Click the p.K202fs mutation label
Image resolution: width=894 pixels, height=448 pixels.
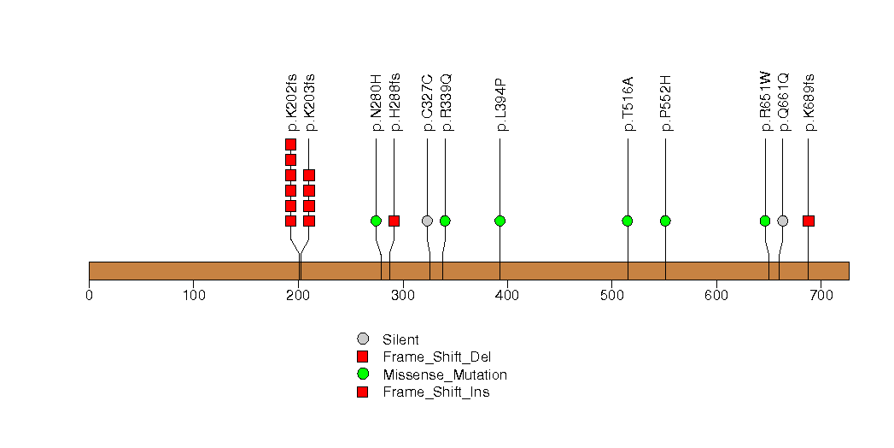[291, 103]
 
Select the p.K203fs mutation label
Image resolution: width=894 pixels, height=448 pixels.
[309, 103]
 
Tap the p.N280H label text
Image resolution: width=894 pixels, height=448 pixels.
[376, 103]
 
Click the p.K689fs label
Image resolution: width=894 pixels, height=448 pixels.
[809, 103]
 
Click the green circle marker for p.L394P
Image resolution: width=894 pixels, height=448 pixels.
[500, 221]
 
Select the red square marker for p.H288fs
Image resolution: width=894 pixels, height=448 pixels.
[394, 221]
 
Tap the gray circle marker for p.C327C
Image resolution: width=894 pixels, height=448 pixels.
[427, 221]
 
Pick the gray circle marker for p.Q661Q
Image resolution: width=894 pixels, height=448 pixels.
[783, 221]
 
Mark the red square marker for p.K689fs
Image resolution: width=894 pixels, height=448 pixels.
[809, 221]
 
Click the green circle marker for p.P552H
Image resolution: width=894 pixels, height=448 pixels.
[665, 221]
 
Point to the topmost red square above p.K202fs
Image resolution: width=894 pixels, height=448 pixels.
[290, 144]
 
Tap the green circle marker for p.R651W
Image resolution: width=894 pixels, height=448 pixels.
[765, 221]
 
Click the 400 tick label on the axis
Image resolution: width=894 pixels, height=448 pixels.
[507, 296]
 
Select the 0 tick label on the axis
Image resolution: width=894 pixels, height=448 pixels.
[89, 296]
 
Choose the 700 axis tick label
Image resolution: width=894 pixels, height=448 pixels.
[821, 296]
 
